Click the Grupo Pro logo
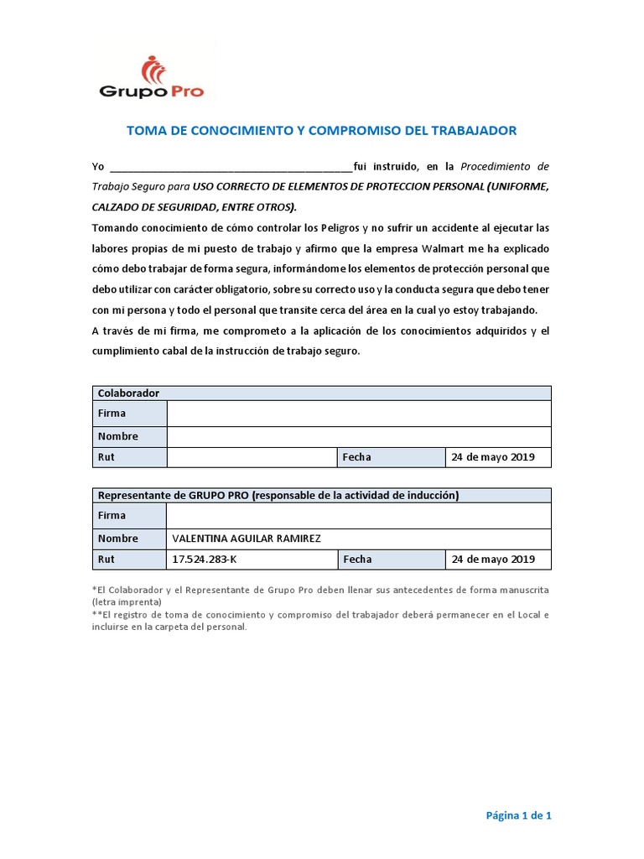[151, 78]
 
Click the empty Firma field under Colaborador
[359, 414]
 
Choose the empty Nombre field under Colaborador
[359, 436]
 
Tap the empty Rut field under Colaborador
[252, 457]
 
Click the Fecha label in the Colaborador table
[357, 457]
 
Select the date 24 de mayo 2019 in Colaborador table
[492, 457]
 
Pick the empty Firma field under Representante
[359, 516]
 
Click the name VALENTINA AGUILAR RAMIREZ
[246, 539]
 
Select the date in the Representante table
[492, 560]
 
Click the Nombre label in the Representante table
[118, 539]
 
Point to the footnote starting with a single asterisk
[320, 596]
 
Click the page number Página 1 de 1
[519, 815]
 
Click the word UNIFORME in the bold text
[518, 185]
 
